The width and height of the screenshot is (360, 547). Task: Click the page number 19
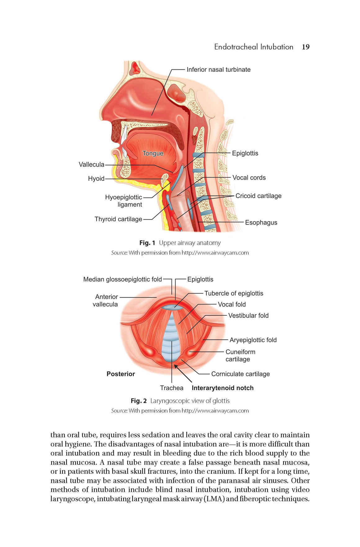305,47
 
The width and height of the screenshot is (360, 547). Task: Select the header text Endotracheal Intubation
254,47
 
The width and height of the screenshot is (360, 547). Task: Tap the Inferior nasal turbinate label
219,69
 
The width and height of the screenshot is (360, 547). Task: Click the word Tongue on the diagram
153,153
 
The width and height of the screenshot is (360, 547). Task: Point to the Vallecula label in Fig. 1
91,164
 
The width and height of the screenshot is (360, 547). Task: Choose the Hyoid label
96,178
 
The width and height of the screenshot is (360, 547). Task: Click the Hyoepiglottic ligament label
123,201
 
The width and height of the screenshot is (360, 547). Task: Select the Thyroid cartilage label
118,219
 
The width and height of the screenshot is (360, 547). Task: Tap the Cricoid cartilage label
259,196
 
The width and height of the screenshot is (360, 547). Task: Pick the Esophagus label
261,222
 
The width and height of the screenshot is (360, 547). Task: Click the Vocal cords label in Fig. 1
249,177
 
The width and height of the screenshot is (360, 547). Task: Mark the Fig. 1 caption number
147,243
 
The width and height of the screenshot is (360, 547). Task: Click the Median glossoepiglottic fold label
122,279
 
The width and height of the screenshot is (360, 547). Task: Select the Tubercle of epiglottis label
234,293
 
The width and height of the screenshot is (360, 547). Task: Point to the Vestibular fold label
248,315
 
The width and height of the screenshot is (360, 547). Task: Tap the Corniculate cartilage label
241,374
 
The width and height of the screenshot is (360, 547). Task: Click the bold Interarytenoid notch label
223,388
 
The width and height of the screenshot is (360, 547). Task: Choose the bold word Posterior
121,374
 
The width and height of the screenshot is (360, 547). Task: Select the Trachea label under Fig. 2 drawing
172,388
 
